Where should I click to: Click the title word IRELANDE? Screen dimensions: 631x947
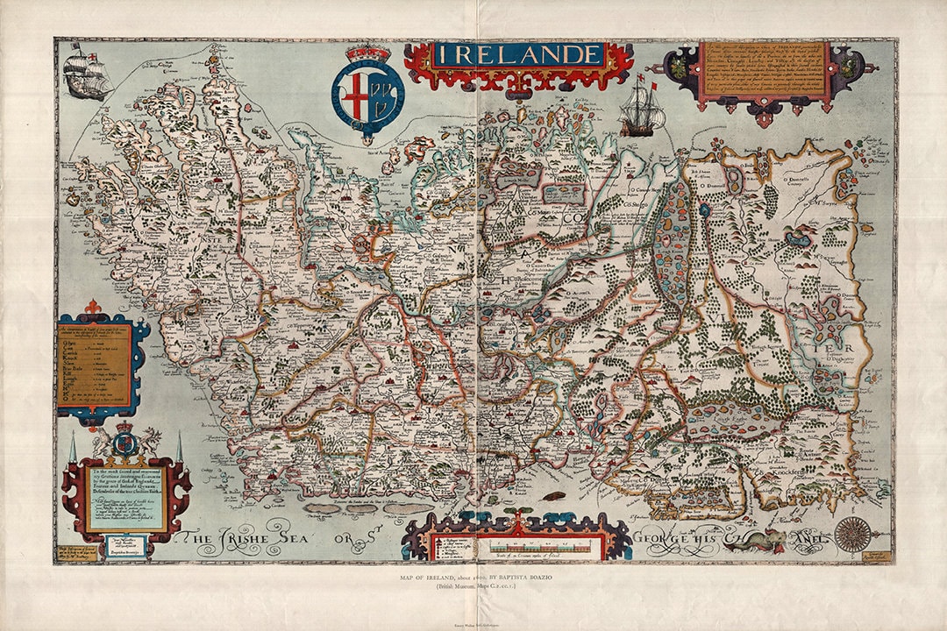pos(517,55)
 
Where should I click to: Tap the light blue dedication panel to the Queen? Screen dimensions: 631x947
pos(125,502)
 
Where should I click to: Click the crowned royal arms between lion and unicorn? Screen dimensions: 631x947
pos(125,440)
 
